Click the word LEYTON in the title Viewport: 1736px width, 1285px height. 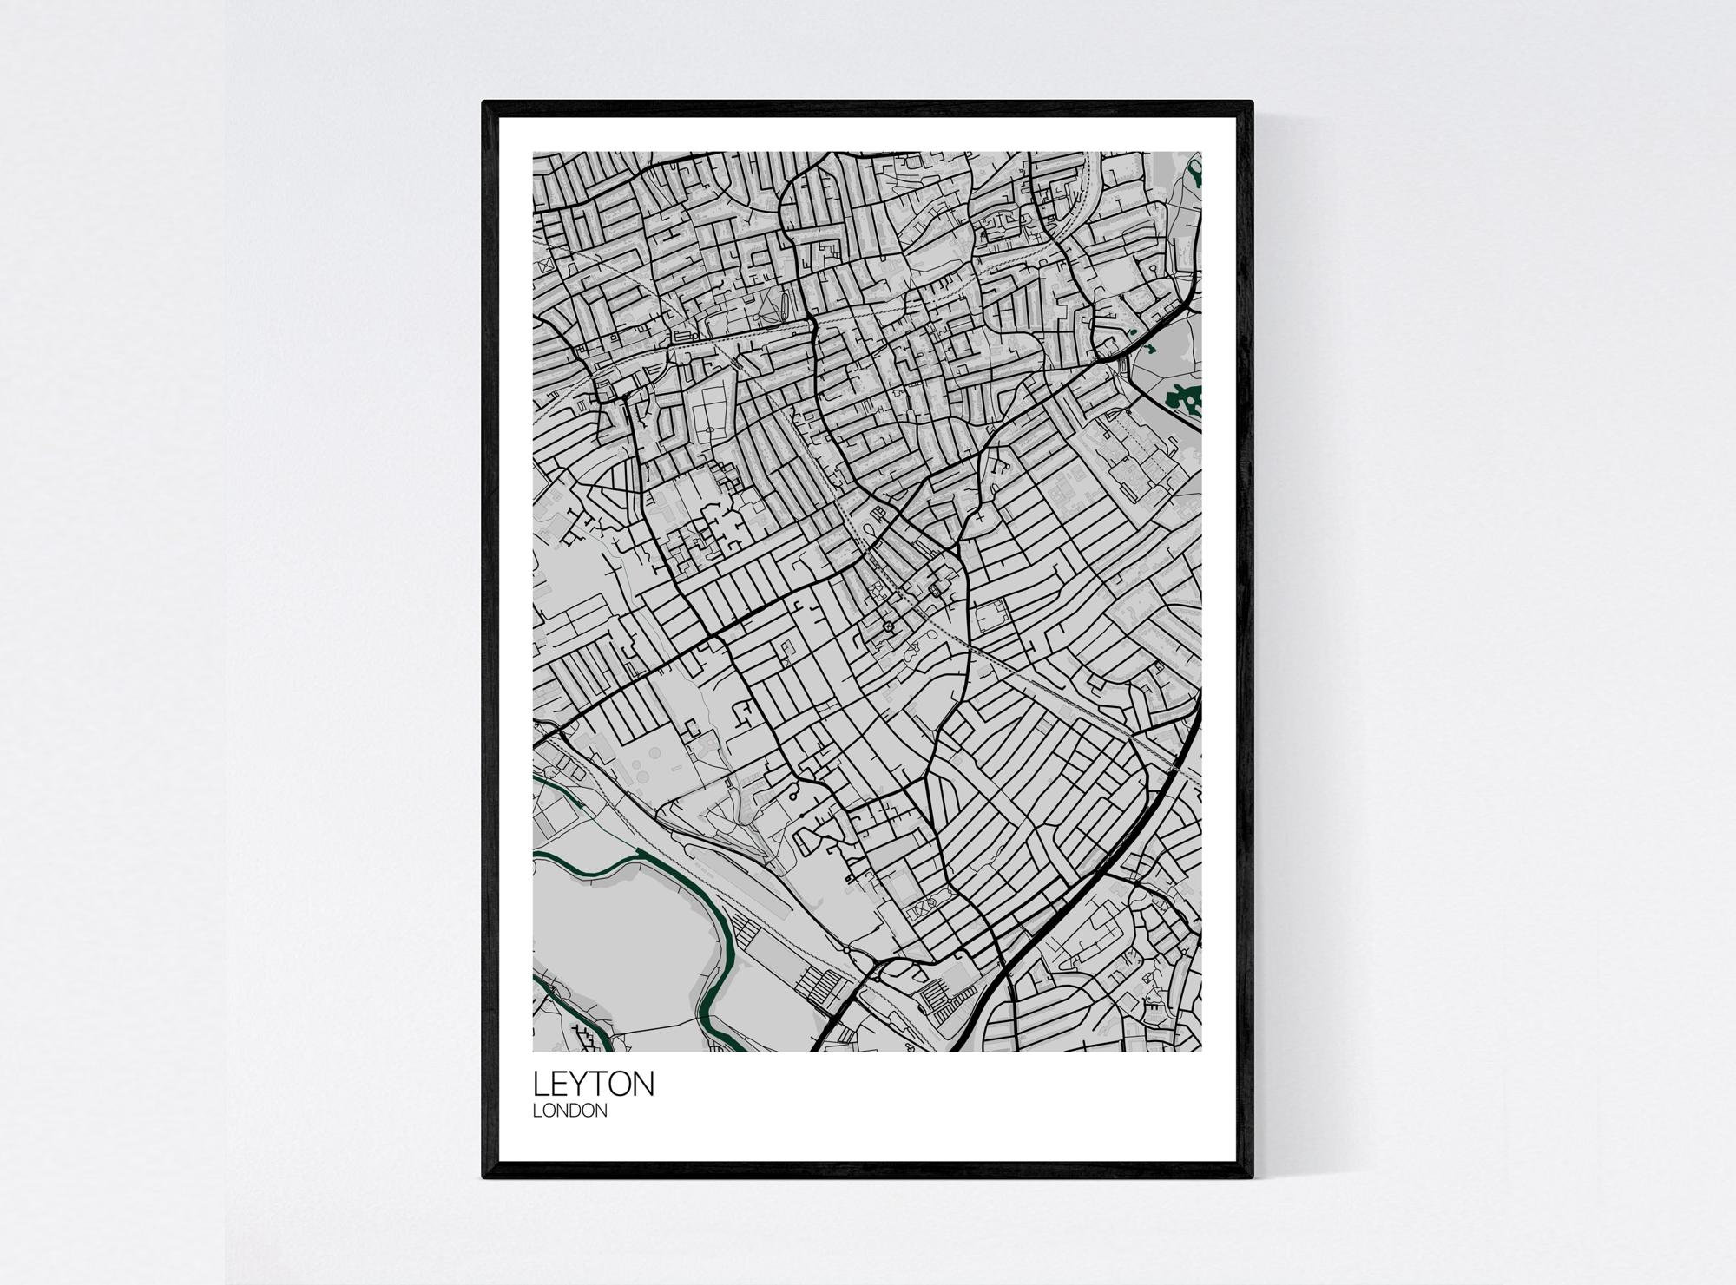coord(594,1085)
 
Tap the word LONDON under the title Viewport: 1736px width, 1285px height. coord(570,1111)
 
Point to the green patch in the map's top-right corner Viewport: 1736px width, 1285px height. coord(1198,178)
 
